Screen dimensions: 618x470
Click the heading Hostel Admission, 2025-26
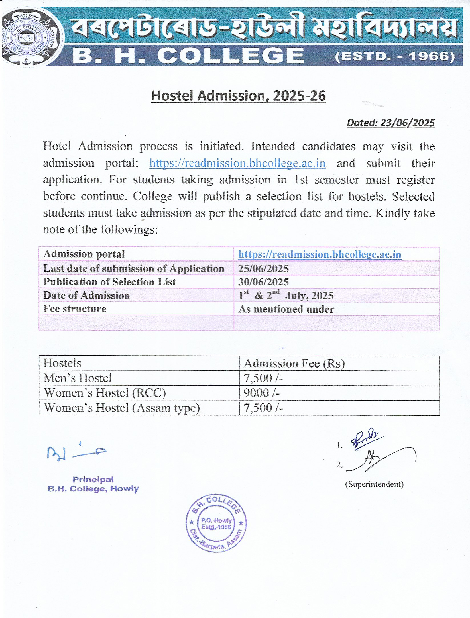238,96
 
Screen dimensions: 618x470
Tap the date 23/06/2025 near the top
407,123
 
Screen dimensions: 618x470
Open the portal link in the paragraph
237,163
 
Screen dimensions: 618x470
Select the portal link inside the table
320,254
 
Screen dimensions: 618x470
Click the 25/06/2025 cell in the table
263,268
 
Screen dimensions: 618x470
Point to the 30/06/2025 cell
263,282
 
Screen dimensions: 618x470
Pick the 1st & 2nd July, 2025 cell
286,295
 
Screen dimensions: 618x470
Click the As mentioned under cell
286,309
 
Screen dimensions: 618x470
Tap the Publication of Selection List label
110,282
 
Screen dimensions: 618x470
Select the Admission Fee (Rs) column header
294,364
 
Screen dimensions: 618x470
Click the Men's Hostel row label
78,378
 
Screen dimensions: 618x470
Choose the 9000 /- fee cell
261,393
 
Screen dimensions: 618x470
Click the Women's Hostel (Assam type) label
122,408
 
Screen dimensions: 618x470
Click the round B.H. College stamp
216,523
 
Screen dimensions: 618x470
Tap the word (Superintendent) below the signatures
374,484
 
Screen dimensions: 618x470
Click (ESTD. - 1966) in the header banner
395,56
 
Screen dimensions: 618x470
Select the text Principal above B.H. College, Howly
93,479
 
